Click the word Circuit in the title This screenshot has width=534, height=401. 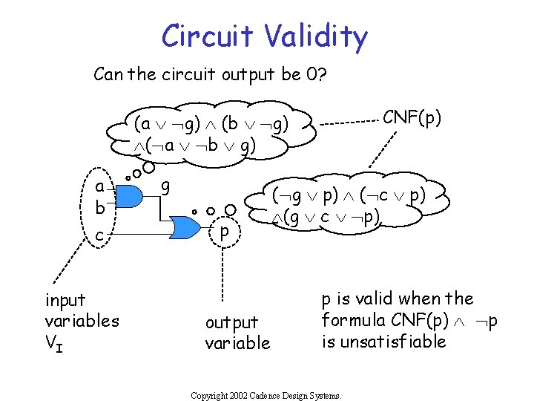(x=208, y=36)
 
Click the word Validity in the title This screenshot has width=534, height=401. (x=316, y=37)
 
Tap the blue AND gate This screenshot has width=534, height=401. (x=129, y=196)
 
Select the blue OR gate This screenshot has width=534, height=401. (x=185, y=227)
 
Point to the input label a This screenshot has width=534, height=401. (x=99, y=187)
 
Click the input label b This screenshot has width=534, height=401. (x=100, y=207)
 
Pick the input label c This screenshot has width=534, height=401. (x=99, y=235)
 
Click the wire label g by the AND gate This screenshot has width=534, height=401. (x=165, y=188)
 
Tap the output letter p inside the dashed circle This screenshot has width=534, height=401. (x=225, y=232)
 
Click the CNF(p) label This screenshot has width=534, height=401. (x=412, y=117)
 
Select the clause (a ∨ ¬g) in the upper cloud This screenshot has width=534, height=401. (x=167, y=124)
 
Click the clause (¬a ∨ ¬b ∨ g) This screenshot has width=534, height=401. (x=200, y=146)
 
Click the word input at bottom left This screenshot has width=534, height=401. (x=65, y=301)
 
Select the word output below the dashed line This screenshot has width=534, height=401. (x=232, y=323)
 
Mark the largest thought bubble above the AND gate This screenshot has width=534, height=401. (x=148, y=167)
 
